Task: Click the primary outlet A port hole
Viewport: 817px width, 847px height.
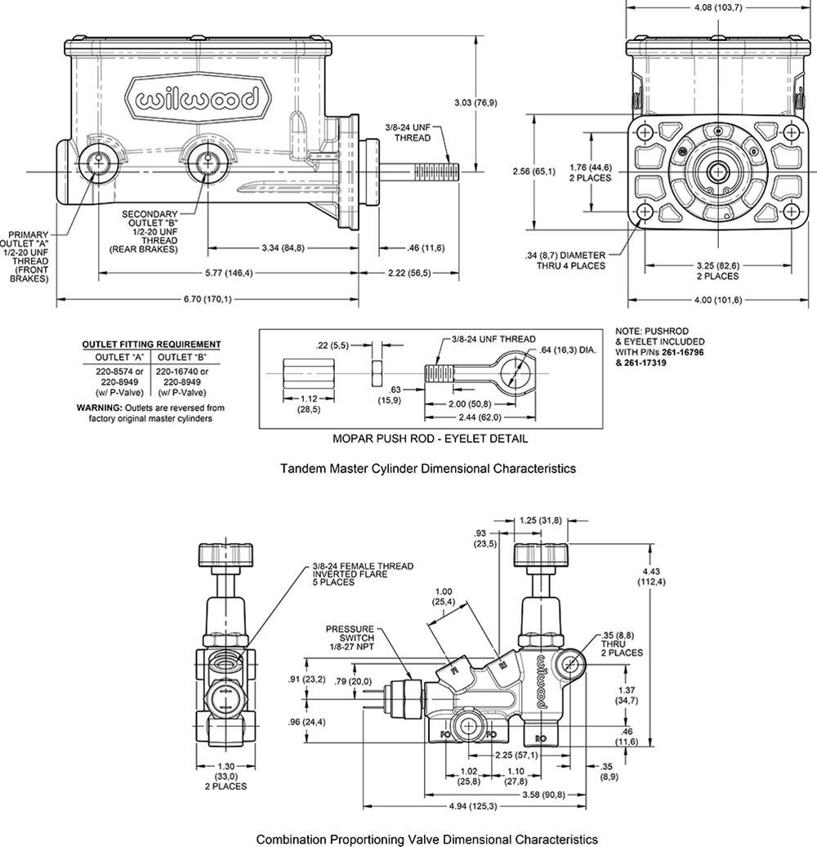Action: pyautogui.click(x=99, y=163)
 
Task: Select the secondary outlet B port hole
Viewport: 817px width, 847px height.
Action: pyautogui.click(x=204, y=163)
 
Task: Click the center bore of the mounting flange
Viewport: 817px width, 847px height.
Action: pyautogui.click(x=718, y=172)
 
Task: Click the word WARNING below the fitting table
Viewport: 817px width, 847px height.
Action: pyautogui.click(x=98, y=407)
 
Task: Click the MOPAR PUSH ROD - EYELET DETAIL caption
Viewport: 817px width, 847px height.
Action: pyautogui.click(x=430, y=439)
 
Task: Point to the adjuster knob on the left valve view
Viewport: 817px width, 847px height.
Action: pyautogui.click(x=221, y=556)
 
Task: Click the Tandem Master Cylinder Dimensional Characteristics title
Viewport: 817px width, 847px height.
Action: pyautogui.click(x=428, y=469)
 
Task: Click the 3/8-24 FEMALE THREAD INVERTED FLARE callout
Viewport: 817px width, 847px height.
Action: pyautogui.click(x=362, y=574)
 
